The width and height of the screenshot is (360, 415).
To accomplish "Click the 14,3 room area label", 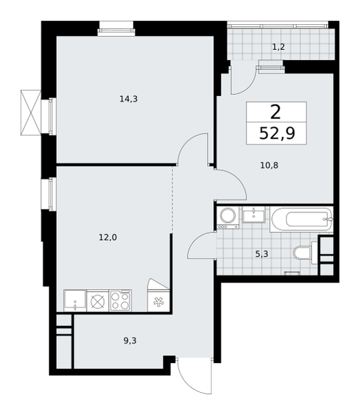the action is click(129, 99).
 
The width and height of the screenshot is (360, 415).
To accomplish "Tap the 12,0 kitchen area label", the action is click(108, 238).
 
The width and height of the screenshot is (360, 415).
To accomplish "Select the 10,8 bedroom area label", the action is click(269, 166).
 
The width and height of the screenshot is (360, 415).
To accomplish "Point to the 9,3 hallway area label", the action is click(129, 340).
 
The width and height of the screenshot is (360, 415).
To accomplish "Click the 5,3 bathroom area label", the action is click(262, 255).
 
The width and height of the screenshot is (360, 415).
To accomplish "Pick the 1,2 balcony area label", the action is click(278, 47).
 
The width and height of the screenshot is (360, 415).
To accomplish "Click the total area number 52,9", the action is click(277, 133).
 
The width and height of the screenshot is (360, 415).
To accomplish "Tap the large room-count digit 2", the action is click(276, 112).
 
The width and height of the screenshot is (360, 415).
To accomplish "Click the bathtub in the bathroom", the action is click(301, 220).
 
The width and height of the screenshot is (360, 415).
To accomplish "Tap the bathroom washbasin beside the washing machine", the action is click(253, 214).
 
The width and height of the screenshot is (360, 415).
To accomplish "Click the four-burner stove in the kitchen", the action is click(120, 300).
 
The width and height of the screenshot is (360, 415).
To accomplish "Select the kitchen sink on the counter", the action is click(75, 300).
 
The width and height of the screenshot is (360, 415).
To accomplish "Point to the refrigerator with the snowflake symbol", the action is click(159, 300).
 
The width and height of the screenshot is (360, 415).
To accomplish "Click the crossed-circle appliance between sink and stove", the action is click(98, 301).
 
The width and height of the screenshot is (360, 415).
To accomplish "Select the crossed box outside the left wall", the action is click(31, 113).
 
